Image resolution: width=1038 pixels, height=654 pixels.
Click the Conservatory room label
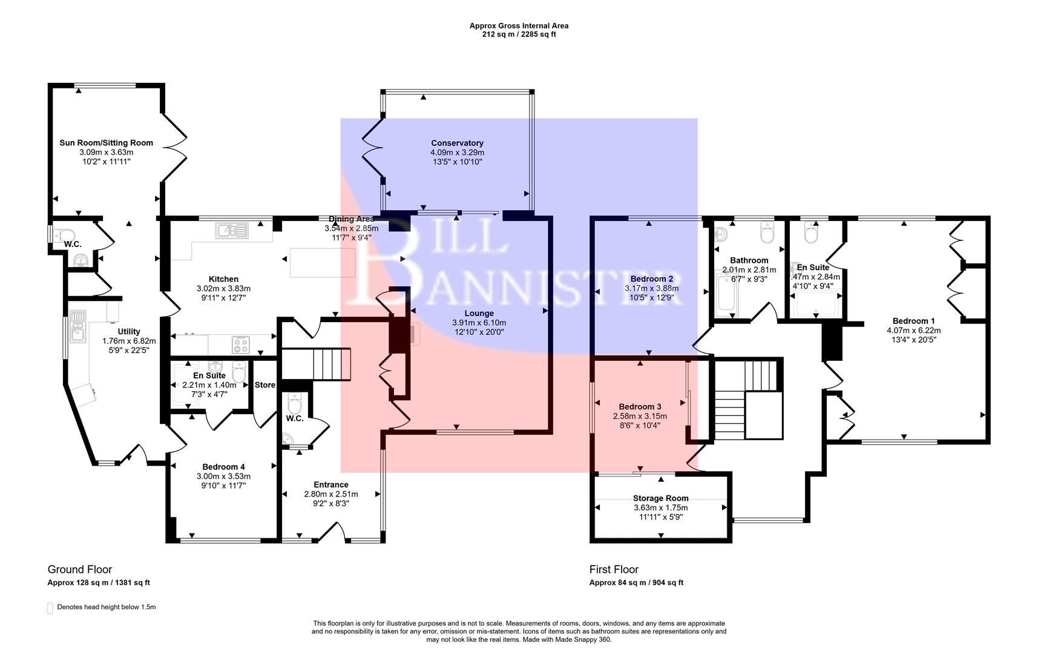457,143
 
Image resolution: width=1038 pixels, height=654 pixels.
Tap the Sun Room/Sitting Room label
106,143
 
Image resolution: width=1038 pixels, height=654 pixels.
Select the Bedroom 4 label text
223,467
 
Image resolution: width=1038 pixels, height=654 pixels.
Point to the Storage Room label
660,498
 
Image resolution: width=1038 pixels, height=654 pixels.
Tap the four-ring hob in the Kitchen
241,345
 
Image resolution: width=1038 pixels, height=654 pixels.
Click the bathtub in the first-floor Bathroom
725,295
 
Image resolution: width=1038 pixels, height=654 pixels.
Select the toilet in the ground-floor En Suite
239,373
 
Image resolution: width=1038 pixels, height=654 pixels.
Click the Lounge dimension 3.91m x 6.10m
479,323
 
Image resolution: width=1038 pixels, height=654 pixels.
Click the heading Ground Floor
80,569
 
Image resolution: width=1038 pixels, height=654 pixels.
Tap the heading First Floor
614,569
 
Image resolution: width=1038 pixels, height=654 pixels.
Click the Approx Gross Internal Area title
519,25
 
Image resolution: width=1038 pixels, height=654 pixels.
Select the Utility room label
129,331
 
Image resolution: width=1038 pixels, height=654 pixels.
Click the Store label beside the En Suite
264,385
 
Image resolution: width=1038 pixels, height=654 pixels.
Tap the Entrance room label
330,484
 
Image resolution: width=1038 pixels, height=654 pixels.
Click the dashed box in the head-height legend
50,608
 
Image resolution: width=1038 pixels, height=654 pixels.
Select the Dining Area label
351,219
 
